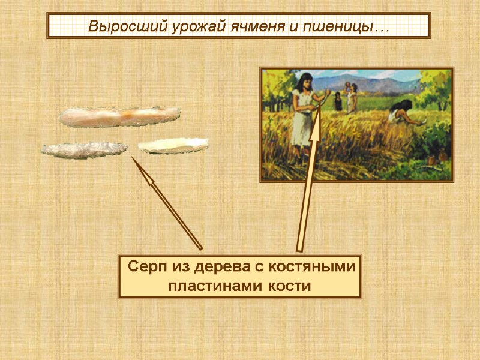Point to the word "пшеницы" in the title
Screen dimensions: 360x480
coord(331,27)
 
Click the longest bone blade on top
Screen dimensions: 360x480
coord(119,116)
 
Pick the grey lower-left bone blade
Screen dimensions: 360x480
coord(84,149)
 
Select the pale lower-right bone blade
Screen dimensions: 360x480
coord(173,145)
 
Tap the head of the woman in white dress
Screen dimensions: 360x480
coord(305,80)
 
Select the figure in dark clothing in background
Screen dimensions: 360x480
coord(338,102)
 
